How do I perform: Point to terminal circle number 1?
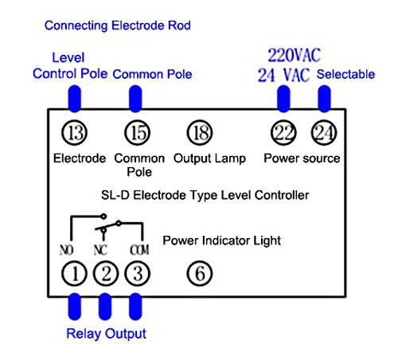(75, 274)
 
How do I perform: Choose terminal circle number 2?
(106, 274)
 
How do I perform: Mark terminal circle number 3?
(137, 274)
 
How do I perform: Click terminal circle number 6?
(200, 274)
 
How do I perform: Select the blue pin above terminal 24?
(324, 98)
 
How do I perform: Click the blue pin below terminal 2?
(106, 307)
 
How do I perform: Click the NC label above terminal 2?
(101, 249)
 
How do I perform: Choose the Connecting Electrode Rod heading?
(118, 25)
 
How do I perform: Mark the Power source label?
(302, 158)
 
